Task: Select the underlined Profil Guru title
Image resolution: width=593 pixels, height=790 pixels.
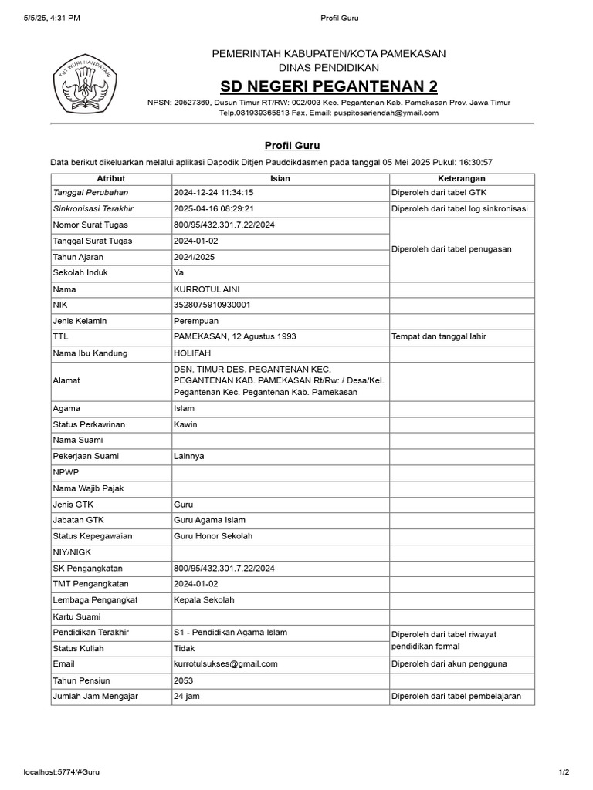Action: click(292, 145)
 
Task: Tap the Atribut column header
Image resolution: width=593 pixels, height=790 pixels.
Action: click(110, 178)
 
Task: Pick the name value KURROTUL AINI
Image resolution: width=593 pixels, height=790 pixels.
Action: click(208, 289)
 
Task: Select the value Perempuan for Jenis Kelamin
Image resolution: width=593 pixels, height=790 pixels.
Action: click(197, 320)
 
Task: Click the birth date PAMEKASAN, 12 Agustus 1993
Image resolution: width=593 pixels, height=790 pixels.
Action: click(235, 336)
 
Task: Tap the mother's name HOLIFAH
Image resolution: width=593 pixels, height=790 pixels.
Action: click(191, 353)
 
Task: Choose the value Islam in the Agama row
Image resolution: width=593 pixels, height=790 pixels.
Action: click(185, 408)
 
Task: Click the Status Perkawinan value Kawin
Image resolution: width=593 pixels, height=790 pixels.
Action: click(186, 424)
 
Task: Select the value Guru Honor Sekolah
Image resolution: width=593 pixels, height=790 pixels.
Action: click(213, 535)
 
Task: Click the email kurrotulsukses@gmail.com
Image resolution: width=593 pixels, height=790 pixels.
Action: click(225, 663)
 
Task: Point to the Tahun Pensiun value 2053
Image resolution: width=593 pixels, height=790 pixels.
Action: click(184, 680)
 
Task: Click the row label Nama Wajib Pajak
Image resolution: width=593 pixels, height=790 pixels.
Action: click(88, 488)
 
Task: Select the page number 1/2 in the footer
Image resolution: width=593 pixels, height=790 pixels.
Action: click(564, 771)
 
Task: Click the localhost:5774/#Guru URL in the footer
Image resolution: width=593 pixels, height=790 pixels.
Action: click(62, 771)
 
